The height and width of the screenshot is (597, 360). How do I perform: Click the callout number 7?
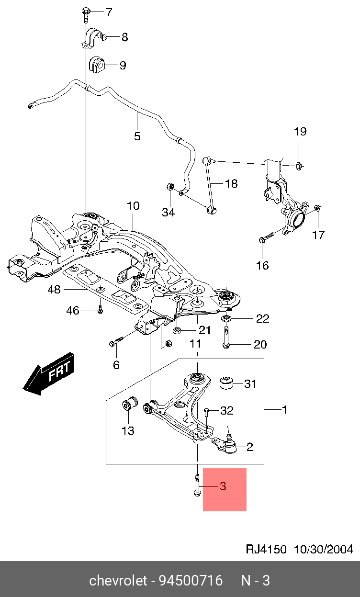[x=109, y=12]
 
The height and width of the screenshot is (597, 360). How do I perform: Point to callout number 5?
[x=137, y=136]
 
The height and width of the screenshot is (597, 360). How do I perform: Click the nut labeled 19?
[x=297, y=166]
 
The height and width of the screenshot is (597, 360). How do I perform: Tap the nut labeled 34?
[x=169, y=187]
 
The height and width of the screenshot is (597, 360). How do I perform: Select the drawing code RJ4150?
[x=266, y=549]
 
